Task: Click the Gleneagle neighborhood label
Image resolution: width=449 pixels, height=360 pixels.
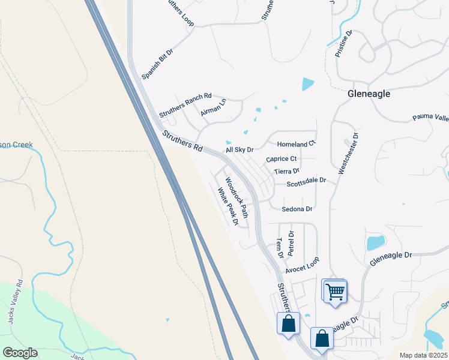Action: (369, 94)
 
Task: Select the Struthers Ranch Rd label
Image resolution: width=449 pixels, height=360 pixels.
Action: (185, 104)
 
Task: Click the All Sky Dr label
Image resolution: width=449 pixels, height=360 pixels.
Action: (240, 149)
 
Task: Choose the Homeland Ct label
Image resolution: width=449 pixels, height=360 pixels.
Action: (296, 144)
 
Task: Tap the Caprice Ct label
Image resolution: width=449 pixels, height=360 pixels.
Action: (282, 159)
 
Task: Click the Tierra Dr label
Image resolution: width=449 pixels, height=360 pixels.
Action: (286, 172)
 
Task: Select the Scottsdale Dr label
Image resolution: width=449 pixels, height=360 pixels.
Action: (306, 181)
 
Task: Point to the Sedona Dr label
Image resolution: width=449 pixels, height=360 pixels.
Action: (298, 209)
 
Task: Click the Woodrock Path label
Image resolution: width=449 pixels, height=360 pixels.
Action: (237, 197)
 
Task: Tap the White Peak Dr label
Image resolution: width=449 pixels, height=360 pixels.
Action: (228, 207)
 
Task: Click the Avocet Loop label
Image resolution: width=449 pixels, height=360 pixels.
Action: (303, 265)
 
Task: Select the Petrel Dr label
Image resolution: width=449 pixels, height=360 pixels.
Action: (291, 244)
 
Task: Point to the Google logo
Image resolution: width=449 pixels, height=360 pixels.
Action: (20, 353)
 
